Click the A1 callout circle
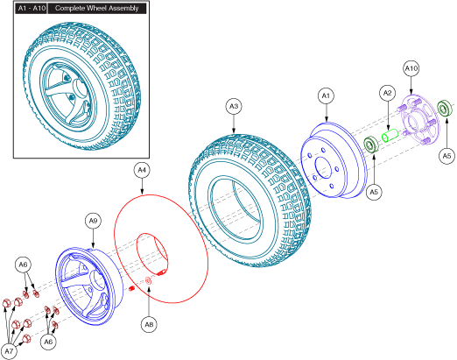pyautogui.click(x=326, y=96)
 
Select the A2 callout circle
pyautogui.click(x=387, y=93)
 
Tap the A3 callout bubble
pyautogui.click(x=234, y=106)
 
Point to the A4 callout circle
pyautogui.click(x=142, y=170)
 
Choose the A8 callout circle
pyautogui.click(x=149, y=324)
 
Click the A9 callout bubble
pyautogui.click(x=93, y=221)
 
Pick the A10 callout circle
pyautogui.click(x=411, y=68)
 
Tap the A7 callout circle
pyautogui.click(x=9, y=351)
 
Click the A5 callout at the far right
pyautogui.click(x=446, y=156)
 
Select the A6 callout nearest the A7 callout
pyautogui.click(x=48, y=342)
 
